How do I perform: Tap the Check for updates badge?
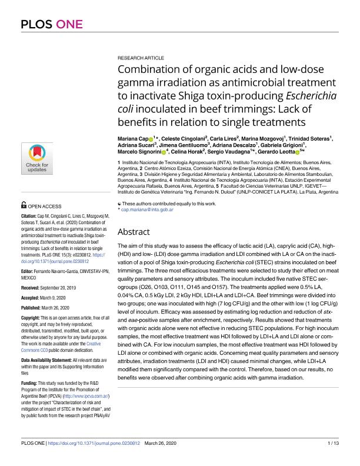36,159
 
